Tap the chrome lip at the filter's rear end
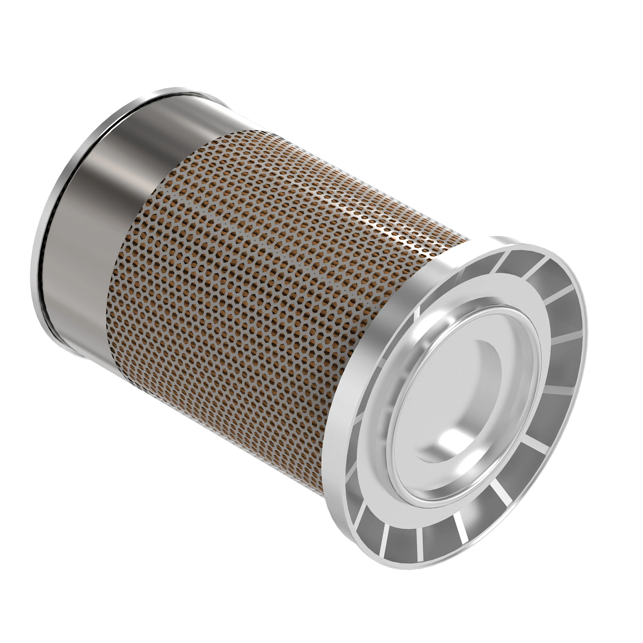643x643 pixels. click(x=45, y=225)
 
